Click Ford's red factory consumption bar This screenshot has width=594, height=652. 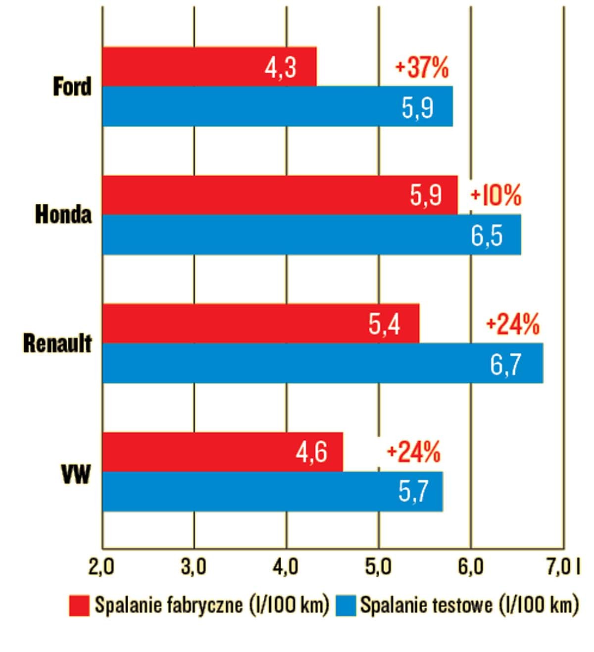(209, 67)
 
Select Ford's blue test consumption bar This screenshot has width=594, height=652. (277, 106)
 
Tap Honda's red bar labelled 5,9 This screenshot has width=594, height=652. (280, 195)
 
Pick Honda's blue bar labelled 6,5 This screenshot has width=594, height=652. (311, 234)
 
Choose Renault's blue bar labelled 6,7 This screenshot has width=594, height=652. (322, 363)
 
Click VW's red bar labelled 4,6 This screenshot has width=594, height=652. (222, 452)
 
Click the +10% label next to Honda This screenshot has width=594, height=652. (496, 195)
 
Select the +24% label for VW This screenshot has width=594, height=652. (413, 452)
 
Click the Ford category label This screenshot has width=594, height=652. (72, 87)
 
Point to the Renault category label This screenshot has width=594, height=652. (57, 343)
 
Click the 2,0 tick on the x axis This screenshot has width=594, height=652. (101, 567)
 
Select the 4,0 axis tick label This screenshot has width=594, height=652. (286, 567)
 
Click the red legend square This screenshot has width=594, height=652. (79, 605)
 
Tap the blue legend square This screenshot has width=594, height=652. (346, 605)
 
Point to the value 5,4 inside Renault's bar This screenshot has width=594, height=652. (384, 324)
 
